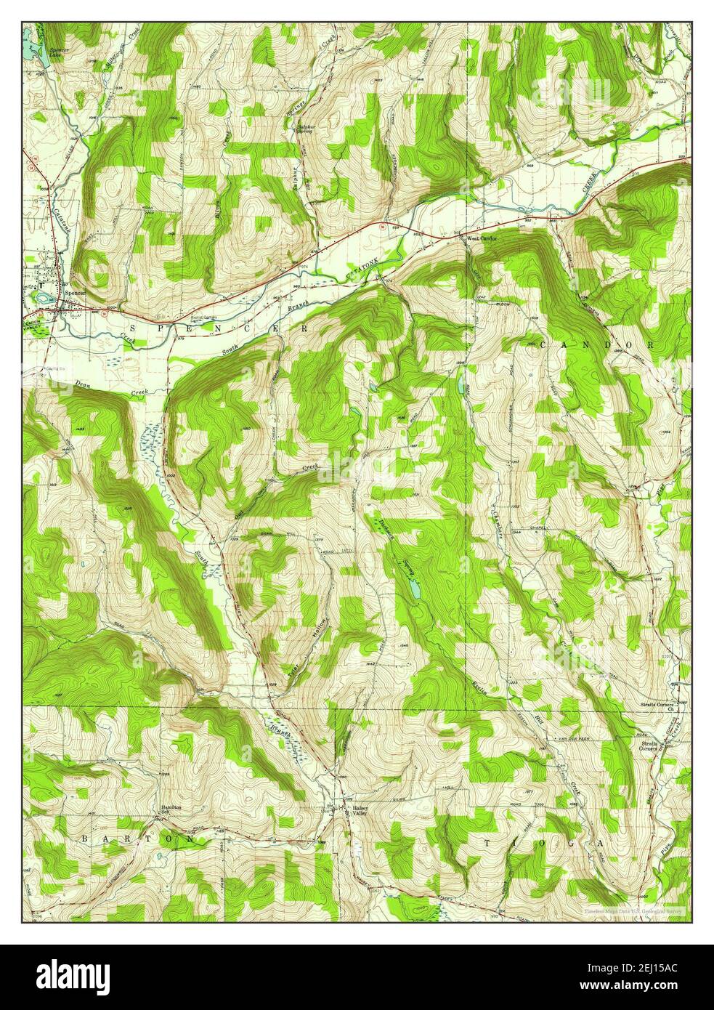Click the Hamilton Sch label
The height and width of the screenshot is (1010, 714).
pos(171,809)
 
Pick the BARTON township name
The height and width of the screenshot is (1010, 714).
pos(138,839)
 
